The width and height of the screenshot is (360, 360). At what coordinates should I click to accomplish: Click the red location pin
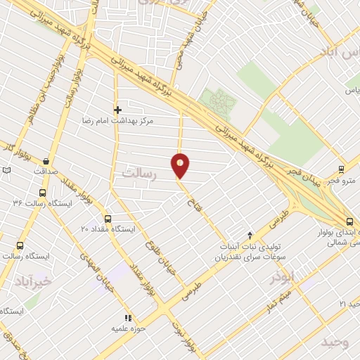pos(181,165)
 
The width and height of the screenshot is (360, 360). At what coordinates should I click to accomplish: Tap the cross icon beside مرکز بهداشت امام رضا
pos(117,110)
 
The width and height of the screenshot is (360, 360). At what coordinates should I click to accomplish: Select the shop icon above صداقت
pos(46,160)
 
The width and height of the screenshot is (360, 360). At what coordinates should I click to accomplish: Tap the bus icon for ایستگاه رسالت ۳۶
pos(43,192)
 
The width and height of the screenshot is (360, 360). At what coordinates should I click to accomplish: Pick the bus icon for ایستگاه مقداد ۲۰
pos(108,219)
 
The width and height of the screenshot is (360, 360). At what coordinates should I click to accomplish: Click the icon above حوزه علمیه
pos(128,318)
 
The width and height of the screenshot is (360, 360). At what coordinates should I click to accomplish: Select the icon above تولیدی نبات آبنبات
pos(250,234)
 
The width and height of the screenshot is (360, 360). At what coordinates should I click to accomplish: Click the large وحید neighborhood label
pos(335,342)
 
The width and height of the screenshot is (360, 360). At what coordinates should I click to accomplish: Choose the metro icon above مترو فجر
pos(341,169)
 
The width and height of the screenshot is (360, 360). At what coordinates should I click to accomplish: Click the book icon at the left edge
pos(7,170)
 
